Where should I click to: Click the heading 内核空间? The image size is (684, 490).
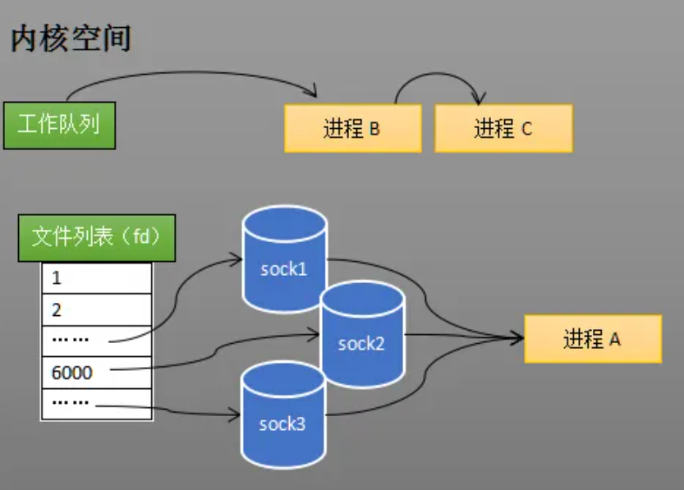71,39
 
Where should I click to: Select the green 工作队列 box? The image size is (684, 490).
57,125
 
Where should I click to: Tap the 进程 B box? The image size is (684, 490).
352,129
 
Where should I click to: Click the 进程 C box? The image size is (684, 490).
503,129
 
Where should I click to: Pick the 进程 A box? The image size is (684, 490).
592,339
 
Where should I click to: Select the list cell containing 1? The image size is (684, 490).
97,277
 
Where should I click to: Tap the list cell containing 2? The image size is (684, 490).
97,309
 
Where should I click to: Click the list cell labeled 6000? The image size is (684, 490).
97,373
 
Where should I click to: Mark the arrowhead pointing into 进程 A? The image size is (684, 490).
518,337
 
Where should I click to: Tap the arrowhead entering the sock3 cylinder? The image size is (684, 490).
236,414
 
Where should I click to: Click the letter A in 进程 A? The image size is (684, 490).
615,340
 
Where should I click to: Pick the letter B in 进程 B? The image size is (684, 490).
374,130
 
